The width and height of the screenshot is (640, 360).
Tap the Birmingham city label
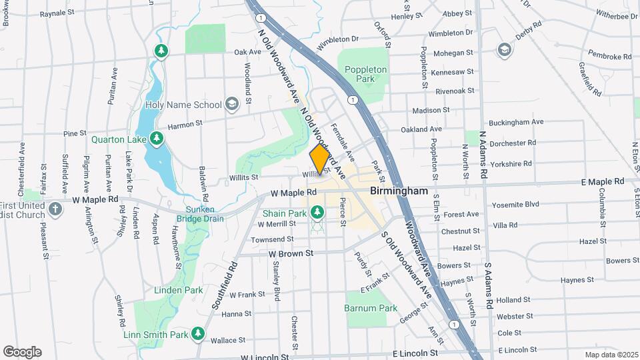[x=399, y=191]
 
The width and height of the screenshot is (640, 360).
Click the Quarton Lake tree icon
[x=156, y=139]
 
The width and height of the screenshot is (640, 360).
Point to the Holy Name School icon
[x=231, y=104]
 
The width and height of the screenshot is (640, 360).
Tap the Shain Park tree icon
[x=318, y=213]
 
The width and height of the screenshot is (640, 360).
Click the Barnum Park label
[x=371, y=308]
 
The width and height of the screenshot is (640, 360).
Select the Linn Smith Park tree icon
[x=197, y=333]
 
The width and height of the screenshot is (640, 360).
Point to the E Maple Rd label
[x=602, y=181]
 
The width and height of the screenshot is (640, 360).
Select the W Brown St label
[x=291, y=253]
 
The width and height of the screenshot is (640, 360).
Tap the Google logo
[x=22, y=351]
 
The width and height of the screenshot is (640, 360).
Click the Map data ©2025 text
[x=610, y=355]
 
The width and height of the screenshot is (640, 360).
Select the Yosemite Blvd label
[x=514, y=204]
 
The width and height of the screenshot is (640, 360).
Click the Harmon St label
[x=185, y=125]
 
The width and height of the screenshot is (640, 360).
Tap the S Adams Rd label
[x=488, y=285]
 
